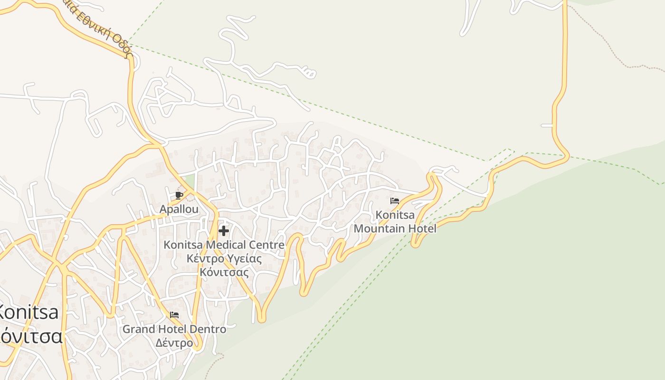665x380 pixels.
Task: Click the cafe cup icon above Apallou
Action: click(x=179, y=195)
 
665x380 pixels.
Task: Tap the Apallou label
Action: click(x=179, y=209)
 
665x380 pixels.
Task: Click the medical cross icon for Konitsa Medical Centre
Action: click(x=224, y=231)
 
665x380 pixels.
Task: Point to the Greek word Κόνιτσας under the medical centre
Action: click(x=224, y=272)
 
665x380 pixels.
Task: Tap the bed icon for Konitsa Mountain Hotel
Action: click(x=395, y=201)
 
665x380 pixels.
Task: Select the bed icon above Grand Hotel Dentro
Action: click(x=174, y=315)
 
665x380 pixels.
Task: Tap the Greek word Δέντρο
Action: click(x=174, y=342)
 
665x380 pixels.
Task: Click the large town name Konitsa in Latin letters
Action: click(x=28, y=313)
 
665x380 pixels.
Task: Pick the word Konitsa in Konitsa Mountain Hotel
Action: click(x=395, y=215)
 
